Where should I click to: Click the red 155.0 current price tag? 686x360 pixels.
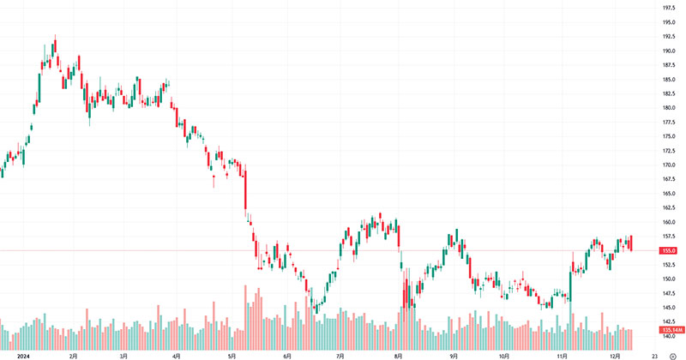pos(669,250)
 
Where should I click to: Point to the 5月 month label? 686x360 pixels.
pos(232,354)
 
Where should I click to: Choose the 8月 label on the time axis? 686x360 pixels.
pos(397,354)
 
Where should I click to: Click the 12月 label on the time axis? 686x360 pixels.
pos(613,354)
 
